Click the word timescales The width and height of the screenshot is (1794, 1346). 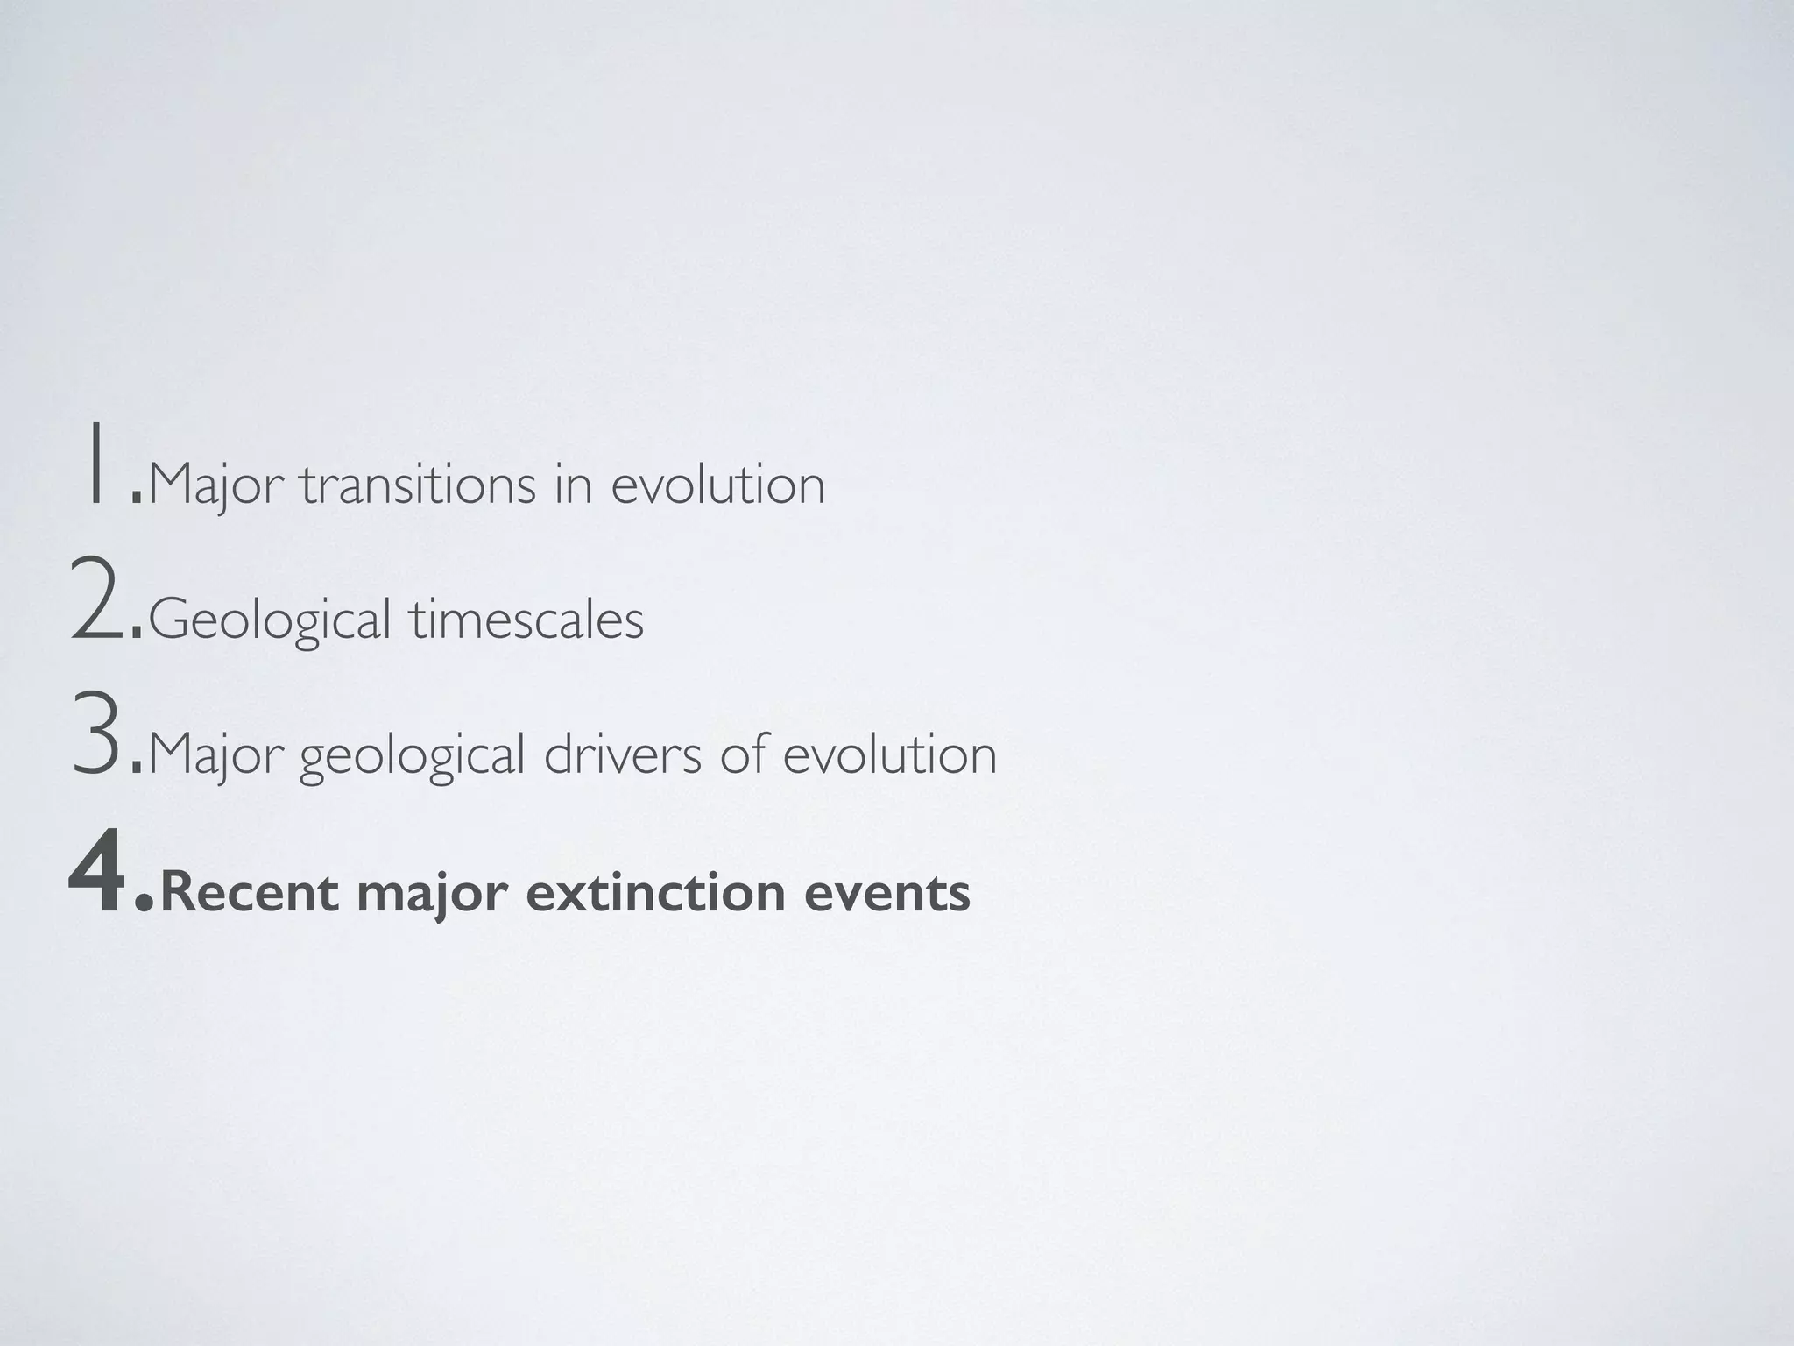(526, 620)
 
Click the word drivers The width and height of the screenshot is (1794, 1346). (622, 754)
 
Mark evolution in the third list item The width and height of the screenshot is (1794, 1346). (889, 754)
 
